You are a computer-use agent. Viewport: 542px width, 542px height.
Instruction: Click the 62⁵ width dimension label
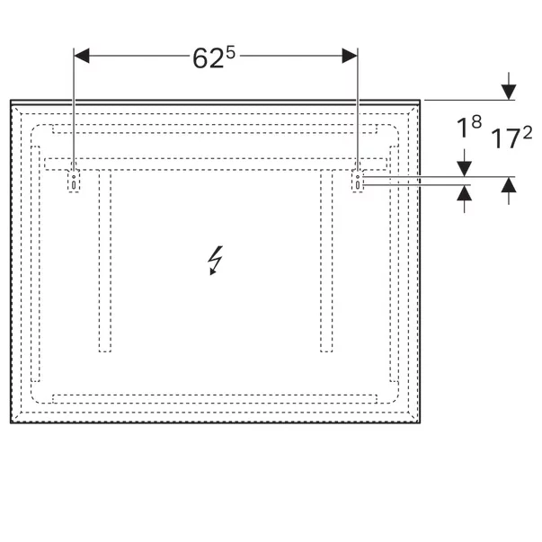tap(215, 58)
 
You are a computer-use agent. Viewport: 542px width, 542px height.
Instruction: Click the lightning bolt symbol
tap(215, 261)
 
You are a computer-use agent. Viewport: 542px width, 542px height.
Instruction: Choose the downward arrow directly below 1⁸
tap(465, 168)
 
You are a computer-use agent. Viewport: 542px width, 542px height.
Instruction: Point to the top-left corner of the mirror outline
tap(10, 100)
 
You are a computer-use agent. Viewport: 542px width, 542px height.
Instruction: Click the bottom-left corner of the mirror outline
tap(10, 423)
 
